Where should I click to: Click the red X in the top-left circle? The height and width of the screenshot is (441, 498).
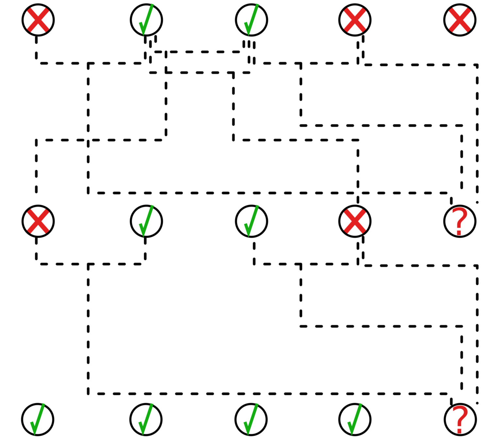[x=38, y=20]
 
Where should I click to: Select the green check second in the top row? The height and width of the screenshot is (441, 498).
[x=146, y=20]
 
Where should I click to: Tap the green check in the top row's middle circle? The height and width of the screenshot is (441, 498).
[x=251, y=20]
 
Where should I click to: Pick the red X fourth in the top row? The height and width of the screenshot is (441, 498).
[x=355, y=20]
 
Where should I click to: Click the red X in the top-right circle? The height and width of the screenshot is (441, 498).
[x=460, y=20]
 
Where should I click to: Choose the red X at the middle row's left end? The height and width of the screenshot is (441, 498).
[x=38, y=221]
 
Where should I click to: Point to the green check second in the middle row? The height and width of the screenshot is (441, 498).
[x=146, y=221]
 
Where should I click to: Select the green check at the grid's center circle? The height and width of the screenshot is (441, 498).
[x=251, y=221]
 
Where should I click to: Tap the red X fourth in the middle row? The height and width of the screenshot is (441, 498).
[x=355, y=221]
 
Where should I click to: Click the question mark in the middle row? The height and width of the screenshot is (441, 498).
[x=460, y=221]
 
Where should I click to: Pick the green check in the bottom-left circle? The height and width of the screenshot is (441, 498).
[x=38, y=419]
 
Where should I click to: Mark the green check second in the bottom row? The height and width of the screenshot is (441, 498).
[x=146, y=419]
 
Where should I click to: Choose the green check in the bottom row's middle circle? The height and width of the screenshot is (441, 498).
[x=251, y=419]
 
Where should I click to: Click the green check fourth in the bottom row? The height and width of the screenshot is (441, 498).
[x=355, y=419]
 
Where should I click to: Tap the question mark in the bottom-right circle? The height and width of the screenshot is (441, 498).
[x=460, y=419]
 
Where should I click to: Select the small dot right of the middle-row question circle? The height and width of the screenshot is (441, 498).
[x=477, y=203]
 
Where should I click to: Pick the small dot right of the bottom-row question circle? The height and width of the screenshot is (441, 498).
[x=477, y=403]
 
